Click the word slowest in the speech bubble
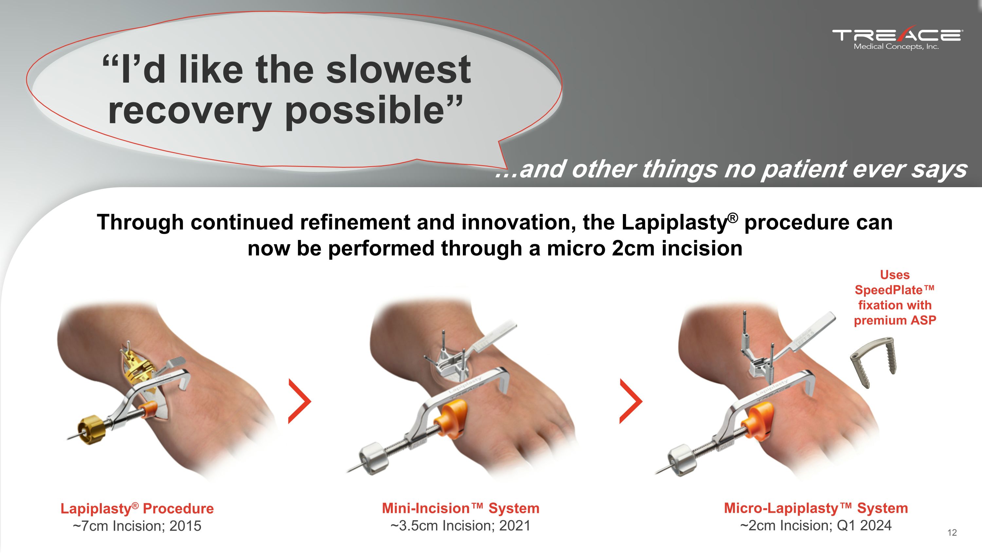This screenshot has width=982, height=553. pyautogui.click(x=398, y=69)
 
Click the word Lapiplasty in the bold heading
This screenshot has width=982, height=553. pyautogui.click(x=675, y=223)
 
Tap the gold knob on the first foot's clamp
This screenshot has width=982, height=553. pyautogui.click(x=90, y=430)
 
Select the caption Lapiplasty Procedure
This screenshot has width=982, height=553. pyautogui.click(x=137, y=508)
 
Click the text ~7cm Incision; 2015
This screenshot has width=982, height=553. pyautogui.click(x=137, y=526)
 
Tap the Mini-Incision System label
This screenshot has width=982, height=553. pyautogui.click(x=461, y=508)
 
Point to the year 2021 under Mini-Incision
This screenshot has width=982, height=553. pyautogui.click(x=515, y=526)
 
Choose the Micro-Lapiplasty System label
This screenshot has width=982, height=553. pyautogui.click(x=816, y=508)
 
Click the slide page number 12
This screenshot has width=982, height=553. pyautogui.click(x=952, y=532)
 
